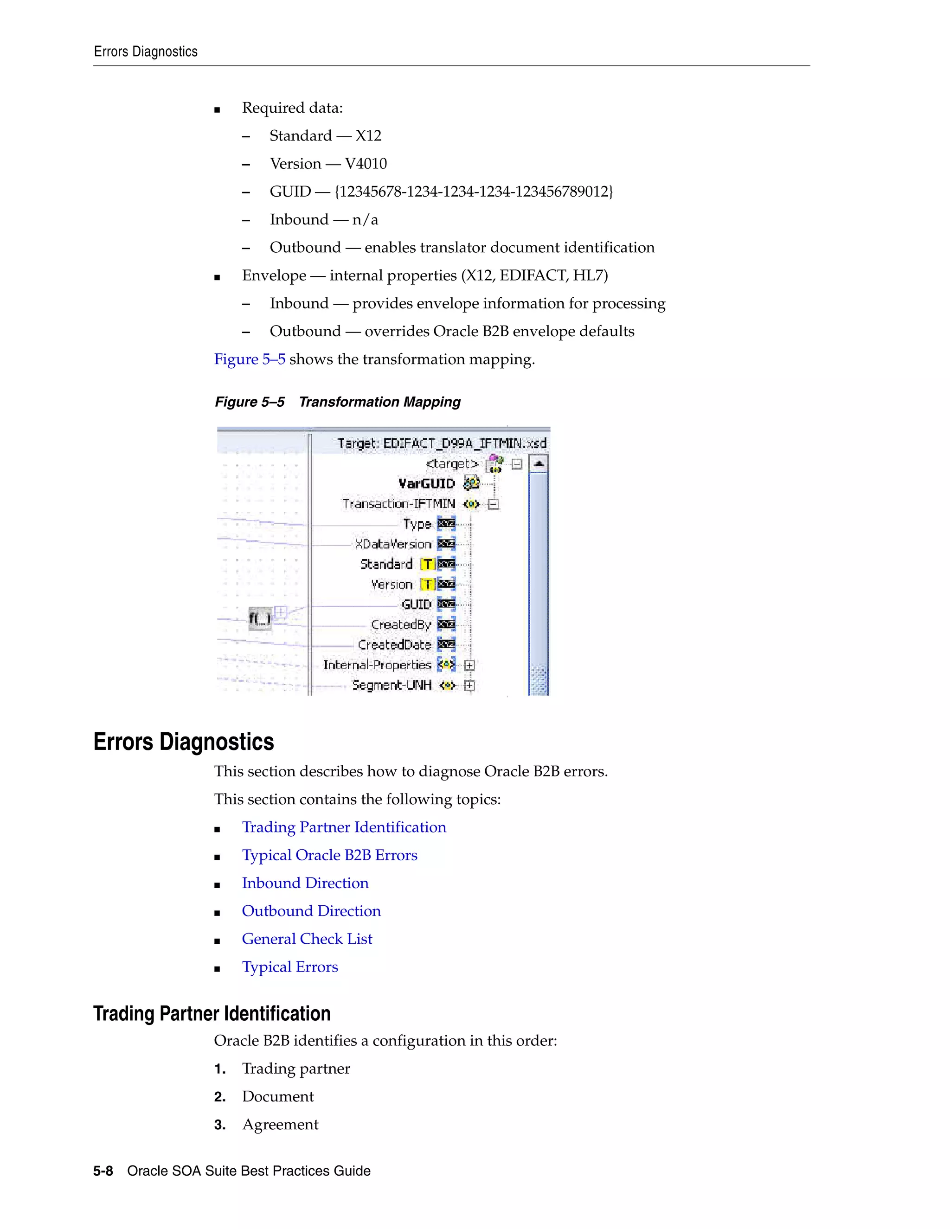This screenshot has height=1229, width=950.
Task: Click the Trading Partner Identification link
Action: pyautogui.click(x=344, y=827)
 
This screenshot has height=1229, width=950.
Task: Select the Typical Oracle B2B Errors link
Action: pyautogui.click(x=329, y=855)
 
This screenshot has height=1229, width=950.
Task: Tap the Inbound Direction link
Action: pyautogui.click(x=305, y=883)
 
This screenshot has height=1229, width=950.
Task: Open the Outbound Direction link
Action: pyautogui.click(x=311, y=911)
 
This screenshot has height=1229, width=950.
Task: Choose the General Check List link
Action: pyautogui.click(x=307, y=939)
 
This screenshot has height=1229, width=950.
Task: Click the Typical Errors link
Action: pyautogui.click(x=290, y=967)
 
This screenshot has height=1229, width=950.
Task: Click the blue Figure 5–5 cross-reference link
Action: pyautogui.click(x=249, y=359)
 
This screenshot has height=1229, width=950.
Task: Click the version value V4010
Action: pyautogui.click(x=366, y=164)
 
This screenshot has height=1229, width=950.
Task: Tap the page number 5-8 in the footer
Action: pyautogui.click(x=103, y=1171)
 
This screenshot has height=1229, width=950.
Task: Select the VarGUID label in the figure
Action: pyautogui.click(x=426, y=484)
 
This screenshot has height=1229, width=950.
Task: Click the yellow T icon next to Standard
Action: pyautogui.click(x=428, y=564)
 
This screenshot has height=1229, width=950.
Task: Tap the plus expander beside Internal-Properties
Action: pyautogui.click(x=469, y=665)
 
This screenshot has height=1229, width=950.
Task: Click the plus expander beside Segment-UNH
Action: pyautogui.click(x=469, y=685)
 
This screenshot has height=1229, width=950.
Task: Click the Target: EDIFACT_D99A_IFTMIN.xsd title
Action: pyautogui.click(x=442, y=443)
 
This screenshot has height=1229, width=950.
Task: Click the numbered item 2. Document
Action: pyautogui.click(x=277, y=1097)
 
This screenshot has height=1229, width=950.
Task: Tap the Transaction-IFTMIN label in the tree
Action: pyautogui.click(x=398, y=504)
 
